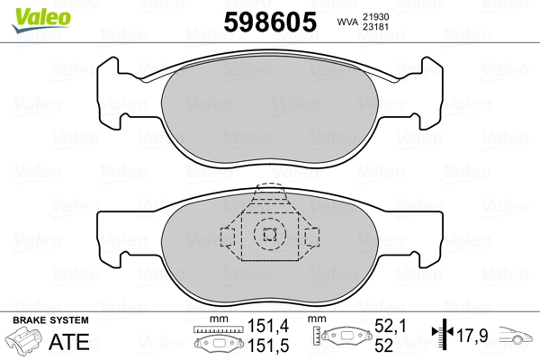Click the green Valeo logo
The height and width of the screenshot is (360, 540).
click(x=41, y=20)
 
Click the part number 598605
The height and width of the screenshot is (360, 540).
click(x=270, y=22)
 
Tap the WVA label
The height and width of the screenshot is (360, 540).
click(x=347, y=22)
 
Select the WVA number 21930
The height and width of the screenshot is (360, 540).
click(x=375, y=17)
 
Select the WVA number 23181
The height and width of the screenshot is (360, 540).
click(x=375, y=27)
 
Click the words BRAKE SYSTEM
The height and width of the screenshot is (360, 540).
click(x=50, y=320)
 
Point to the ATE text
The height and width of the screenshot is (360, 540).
click(x=69, y=342)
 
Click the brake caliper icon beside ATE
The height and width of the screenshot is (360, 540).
click(x=23, y=340)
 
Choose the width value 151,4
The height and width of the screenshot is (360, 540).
click(x=268, y=326)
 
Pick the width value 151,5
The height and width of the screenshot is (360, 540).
click(x=268, y=346)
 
